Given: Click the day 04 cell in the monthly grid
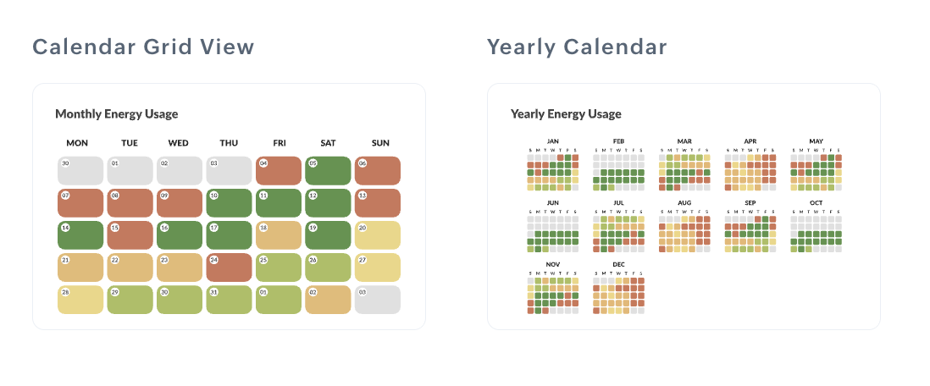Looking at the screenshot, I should tap(278, 171).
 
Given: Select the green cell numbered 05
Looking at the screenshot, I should tap(328, 171).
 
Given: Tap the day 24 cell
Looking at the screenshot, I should tap(229, 267).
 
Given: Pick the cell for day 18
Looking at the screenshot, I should tap(278, 235).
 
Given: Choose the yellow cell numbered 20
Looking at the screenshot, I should tap(377, 235).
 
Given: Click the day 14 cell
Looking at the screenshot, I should tap(80, 235).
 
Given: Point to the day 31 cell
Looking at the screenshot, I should tap(229, 300).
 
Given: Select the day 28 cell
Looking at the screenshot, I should tap(80, 300).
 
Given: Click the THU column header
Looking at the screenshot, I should tap(229, 143).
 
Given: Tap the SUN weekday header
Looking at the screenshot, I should tap(380, 143).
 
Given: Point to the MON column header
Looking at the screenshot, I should tap(77, 143).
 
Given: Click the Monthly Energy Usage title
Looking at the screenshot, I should tap(116, 113).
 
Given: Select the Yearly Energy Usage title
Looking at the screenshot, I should tap(566, 113).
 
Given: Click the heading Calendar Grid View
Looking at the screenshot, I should tap(143, 47).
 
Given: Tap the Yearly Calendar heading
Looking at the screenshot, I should tap(577, 47).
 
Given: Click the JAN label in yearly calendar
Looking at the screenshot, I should tap(553, 141).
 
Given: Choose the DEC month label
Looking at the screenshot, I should tap(619, 265).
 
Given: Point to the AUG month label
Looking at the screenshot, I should tap(684, 203).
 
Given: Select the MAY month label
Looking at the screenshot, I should tap(816, 141).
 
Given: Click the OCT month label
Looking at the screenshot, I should tap(816, 203).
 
